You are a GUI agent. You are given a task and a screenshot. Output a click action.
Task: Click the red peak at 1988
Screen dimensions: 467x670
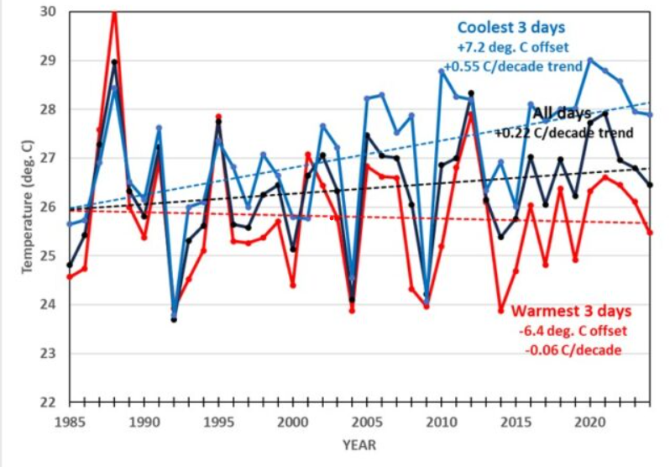pos(114,13)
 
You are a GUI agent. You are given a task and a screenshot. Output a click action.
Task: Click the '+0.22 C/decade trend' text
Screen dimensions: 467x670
pos(563,132)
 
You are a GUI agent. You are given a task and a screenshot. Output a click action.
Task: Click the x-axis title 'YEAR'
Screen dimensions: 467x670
pos(359,443)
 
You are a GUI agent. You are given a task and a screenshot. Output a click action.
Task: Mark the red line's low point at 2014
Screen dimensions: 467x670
pos(500,311)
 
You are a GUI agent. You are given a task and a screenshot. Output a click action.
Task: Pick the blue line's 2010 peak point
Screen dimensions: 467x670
pos(442,71)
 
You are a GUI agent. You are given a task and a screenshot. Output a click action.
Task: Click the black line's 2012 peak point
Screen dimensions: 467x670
pos(471,92)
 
